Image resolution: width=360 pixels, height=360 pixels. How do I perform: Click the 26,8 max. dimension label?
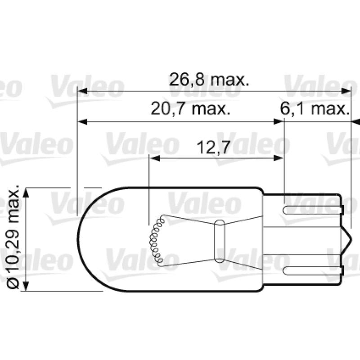point(209,80)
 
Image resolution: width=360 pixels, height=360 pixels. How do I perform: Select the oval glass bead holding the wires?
point(219,241)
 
